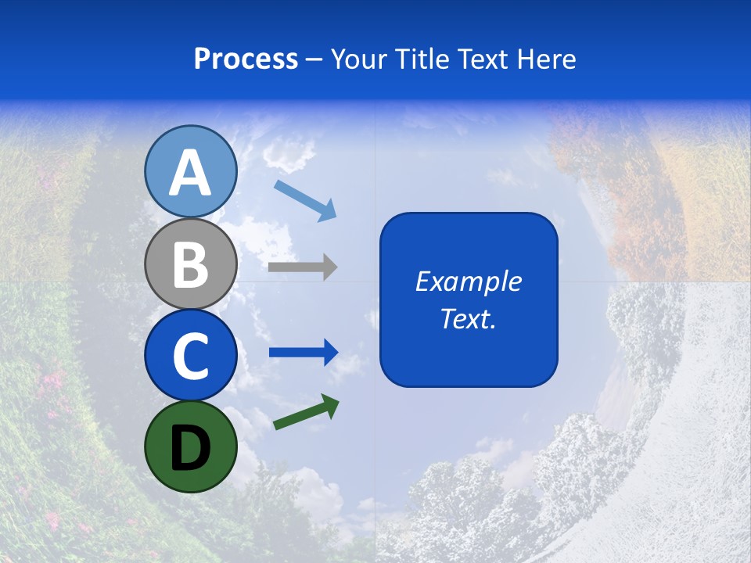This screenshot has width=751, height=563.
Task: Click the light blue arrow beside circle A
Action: click(x=305, y=199)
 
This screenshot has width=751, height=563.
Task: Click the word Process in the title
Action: click(x=246, y=59)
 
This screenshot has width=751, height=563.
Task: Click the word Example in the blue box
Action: click(x=468, y=281)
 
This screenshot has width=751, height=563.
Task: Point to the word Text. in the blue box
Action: click(x=468, y=319)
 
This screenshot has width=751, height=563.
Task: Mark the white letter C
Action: click(x=190, y=356)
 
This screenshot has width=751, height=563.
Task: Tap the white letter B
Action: click(x=190, y=264)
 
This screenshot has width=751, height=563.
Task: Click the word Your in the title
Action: click(x=359, y=59)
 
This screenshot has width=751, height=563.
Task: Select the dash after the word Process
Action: click(x=314, y=59)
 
